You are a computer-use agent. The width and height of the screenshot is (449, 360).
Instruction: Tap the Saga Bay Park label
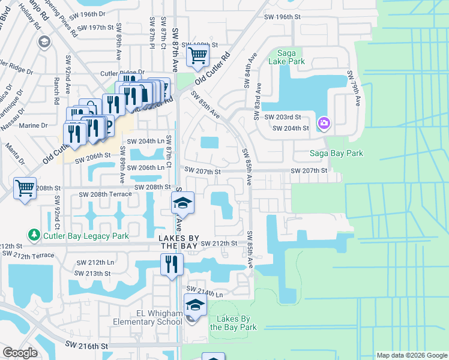(336, 153)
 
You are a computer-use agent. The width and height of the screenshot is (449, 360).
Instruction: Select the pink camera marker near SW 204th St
(324, 123)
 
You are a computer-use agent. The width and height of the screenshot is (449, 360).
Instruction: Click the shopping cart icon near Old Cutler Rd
(197, 56)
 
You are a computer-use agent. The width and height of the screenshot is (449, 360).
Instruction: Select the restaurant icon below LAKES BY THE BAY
(172, 264)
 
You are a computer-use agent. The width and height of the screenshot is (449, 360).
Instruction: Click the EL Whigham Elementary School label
(143, 317)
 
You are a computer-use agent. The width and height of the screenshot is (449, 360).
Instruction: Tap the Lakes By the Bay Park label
(233, 323)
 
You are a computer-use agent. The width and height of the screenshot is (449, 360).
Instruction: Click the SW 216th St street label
(86, 346)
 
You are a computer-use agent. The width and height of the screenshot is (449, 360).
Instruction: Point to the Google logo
(20, 353)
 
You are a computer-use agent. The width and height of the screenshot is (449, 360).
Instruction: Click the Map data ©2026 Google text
(411, 355)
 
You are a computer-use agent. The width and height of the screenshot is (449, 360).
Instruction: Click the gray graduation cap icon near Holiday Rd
(44, 41)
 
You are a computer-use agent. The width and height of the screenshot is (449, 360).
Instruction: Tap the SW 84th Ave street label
(247, 71)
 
